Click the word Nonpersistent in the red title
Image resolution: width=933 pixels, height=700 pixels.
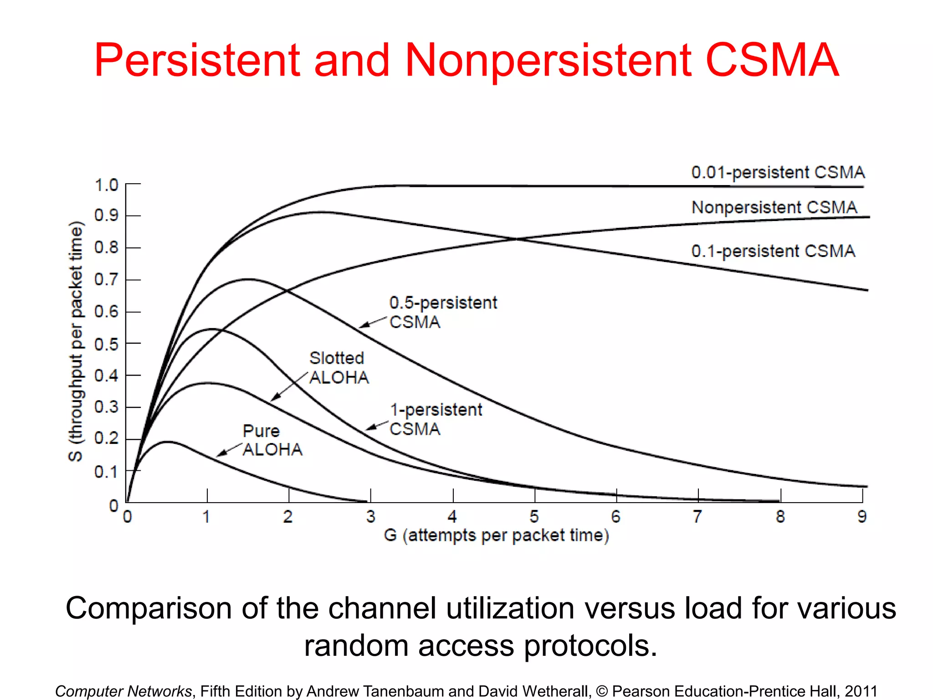click(548, 60)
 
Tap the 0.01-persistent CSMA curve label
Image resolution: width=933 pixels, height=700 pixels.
click(778, 172)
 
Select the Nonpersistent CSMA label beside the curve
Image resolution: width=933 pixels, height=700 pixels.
click(774, 207)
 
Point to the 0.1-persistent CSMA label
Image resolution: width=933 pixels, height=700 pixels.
click(773, 251)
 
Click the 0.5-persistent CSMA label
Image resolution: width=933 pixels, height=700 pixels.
click(442, 312)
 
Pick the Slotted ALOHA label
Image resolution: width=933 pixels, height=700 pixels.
click(338, 367)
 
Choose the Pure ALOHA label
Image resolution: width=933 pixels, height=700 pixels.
click(272, 440)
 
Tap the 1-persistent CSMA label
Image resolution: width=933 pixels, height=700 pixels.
click(436, 419)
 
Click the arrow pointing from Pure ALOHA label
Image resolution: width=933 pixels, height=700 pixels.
click(229, 449)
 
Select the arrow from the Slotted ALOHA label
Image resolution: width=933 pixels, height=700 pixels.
click(289, 386)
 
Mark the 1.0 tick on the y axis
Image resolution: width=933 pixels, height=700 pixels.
click(106, 185)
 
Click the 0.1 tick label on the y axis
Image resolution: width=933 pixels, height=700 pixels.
click(106, 472)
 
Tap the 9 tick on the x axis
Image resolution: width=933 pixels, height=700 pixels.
click(862, 517)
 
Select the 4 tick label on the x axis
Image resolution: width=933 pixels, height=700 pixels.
click(452, 517)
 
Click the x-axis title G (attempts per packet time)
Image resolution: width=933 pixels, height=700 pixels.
click(496, 535)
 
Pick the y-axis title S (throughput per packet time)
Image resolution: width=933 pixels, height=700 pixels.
click(76, 341)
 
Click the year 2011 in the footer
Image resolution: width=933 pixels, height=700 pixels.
click(861, 691)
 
